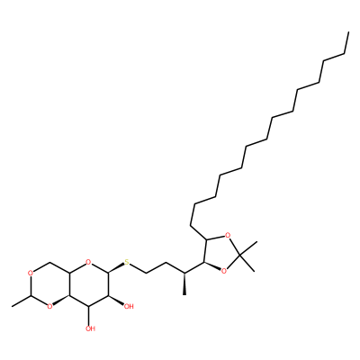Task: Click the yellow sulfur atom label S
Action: click(127, 263)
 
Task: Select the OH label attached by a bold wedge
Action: click(129, 307)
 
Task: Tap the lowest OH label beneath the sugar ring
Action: click(90, 328)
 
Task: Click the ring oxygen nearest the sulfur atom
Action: click(87, 263)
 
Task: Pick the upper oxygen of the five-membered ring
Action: click(228, 235)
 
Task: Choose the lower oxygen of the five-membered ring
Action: click(223, 271)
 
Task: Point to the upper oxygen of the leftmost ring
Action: click(30, 274)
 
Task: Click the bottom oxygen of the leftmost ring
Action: click(49, 307)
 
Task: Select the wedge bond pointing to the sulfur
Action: click(116, 268)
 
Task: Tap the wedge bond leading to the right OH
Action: click(116, 300)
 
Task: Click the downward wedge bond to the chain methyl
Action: click(184, 283)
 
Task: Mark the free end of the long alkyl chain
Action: click(348, 31)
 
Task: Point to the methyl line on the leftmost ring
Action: click(21, 301)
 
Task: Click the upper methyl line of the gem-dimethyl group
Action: click(248, 248)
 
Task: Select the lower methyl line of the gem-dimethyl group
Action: click(247, 264)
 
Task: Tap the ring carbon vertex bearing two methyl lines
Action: click(239, 256)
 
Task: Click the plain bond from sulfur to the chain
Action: click(138, 269)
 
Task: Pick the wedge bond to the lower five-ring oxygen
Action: click(211, 266)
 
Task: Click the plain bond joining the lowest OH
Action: click(89, 316)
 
